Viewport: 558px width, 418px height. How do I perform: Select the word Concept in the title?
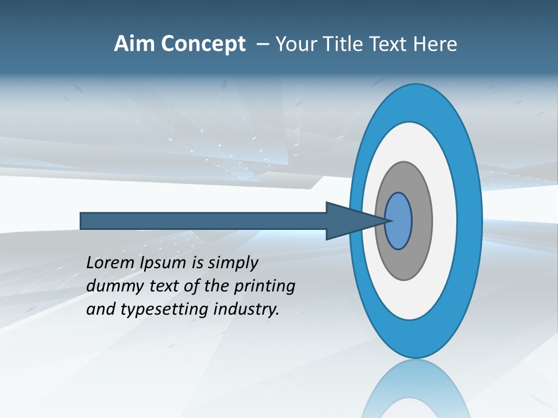pos(204,45)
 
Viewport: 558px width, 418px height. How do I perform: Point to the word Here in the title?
pos(437,44)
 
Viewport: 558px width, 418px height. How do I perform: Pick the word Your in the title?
pos(296,44)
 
